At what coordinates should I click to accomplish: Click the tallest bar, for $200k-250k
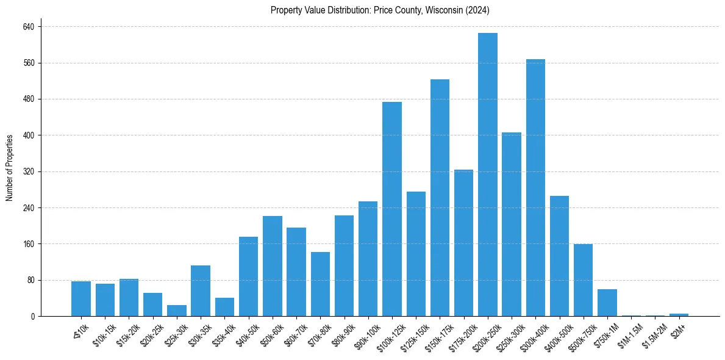coord(488,175)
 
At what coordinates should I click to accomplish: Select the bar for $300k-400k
coord(535,188)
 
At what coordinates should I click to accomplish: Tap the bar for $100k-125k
coord(392,209)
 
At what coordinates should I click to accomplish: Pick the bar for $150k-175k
coord(440,198)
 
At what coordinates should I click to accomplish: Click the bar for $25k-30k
coord(177,311)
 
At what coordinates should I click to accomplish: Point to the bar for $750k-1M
coord(607,303)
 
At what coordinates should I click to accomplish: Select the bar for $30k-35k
coord(201,291)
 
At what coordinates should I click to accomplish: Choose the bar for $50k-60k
coord(273,266)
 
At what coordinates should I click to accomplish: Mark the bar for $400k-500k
coord(559,256)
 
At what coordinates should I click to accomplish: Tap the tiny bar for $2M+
coord(679,315)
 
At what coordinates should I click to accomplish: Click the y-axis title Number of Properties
coord(10,168)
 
